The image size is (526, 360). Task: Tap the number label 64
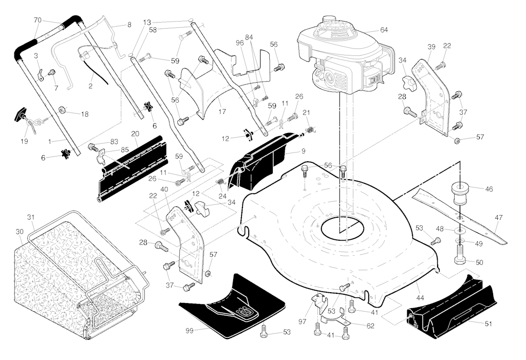384,30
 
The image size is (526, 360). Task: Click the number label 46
489,189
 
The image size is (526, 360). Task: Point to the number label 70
37,20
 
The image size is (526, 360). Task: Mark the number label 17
222,111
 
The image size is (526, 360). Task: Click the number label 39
431,47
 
